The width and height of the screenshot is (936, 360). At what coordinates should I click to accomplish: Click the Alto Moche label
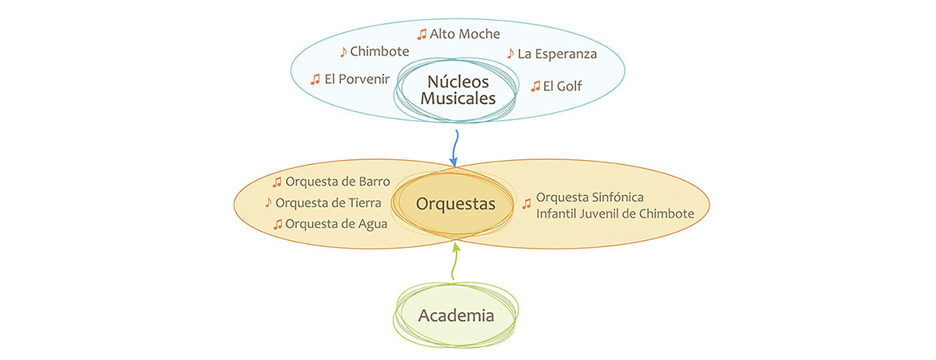[x=465, y=34]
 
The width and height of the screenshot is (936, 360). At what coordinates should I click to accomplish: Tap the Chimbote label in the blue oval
[x=379, y=52]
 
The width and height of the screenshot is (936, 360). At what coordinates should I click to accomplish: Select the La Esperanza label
[x=557, y=54]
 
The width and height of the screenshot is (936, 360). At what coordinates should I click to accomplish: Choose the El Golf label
[x=562, y=86]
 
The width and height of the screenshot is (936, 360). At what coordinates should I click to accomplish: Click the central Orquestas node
[x=455, y=204]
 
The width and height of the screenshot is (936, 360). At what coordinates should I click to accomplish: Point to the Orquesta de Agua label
[x=336, y=224]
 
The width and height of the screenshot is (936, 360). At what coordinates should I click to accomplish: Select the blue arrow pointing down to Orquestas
[x=454, y=148]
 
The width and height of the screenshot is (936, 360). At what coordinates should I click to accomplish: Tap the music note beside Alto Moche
[x=422, y=34]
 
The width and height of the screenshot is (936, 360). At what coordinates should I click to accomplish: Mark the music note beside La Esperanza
[x=510, y=54]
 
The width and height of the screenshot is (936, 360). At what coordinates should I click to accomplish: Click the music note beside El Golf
[x=535, y=86]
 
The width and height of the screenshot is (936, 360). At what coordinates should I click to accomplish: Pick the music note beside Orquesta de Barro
[x=278, y=182]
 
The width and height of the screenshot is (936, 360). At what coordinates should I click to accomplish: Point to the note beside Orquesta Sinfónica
[x=526, y=204]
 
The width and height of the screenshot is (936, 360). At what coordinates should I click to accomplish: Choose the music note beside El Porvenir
[x=315, y=79]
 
